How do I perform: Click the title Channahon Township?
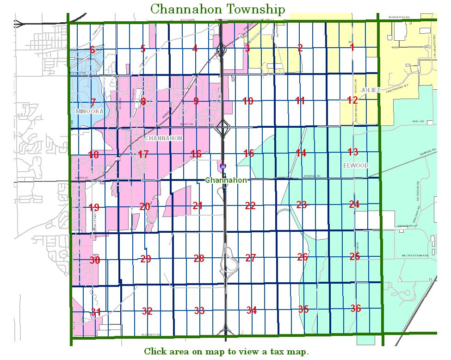pos(217,9)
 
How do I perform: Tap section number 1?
pos(352,47)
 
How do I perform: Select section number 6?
pos(93,50)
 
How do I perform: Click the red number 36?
pos(355,308)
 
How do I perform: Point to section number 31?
pos(96,312)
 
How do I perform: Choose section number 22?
pos(250,206)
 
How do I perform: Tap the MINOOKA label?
pos(90,112)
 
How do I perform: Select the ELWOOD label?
pos(356,165)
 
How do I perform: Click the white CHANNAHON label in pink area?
pos(163,138)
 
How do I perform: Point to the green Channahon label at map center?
pos(226,180)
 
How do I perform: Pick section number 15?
pos(249,153)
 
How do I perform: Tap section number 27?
pos(251,258)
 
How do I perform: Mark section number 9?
pos(196,101)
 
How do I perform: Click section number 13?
pos(353,152)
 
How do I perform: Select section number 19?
pos(94,207)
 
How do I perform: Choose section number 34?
pos(252,310)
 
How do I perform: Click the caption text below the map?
pos(226,352)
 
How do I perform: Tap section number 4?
pos(195,48)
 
